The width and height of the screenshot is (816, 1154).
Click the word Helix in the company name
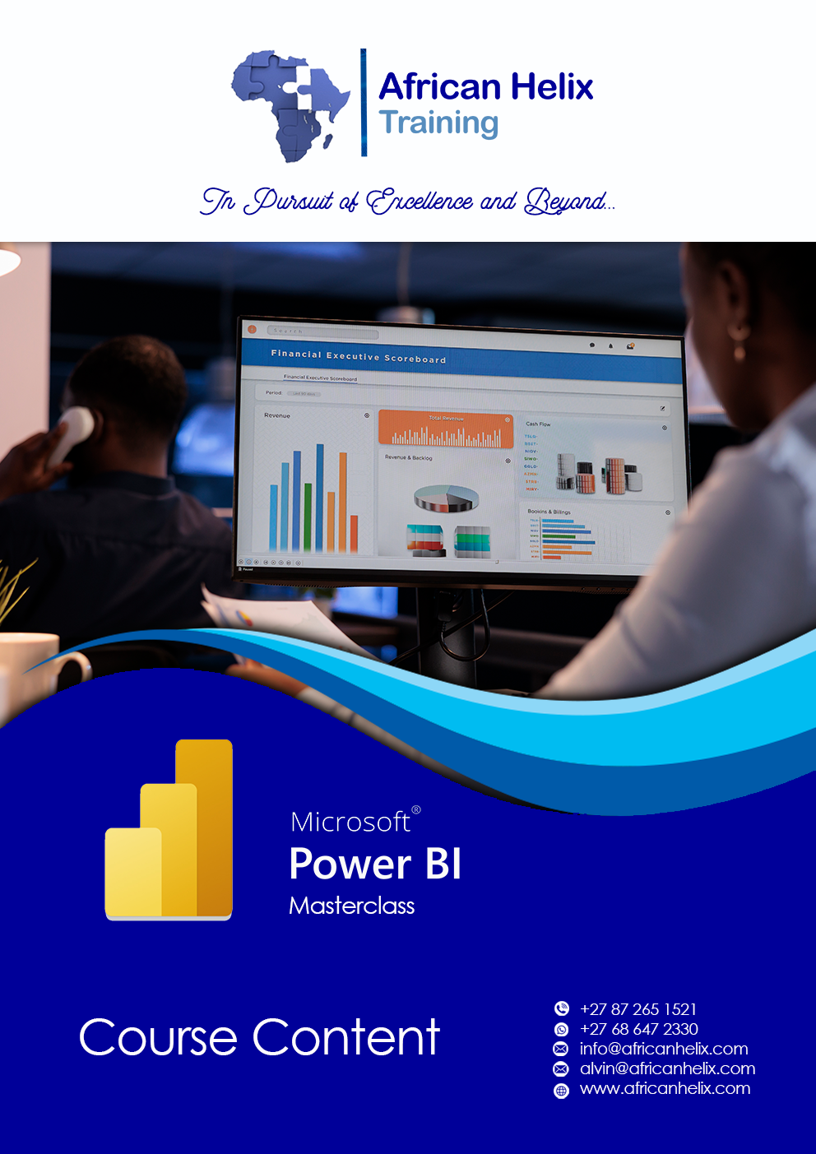coord(550,87)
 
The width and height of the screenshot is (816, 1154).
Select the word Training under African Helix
coord(438,123)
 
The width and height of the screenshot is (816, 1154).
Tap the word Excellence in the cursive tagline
coord(420,201)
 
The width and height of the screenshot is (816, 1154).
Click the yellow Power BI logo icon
coord(169,830)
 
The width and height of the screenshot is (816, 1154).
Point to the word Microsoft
coord(350,822)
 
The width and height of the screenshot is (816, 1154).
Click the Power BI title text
coord(375,864)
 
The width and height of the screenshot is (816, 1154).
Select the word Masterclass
coord(351,906)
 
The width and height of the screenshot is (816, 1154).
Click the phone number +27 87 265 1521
coord(637,1009)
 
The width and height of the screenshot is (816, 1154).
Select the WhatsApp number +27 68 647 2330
coord(638,1029)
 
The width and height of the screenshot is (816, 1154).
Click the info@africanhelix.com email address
coord(663,1049)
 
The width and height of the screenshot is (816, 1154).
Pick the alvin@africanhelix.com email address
coord(667,1068)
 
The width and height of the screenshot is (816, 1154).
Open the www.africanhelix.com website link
coord(665,1088)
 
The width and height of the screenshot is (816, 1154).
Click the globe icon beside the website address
coord(561,1091)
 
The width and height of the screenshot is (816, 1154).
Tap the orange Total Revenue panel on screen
coord(445,430)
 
